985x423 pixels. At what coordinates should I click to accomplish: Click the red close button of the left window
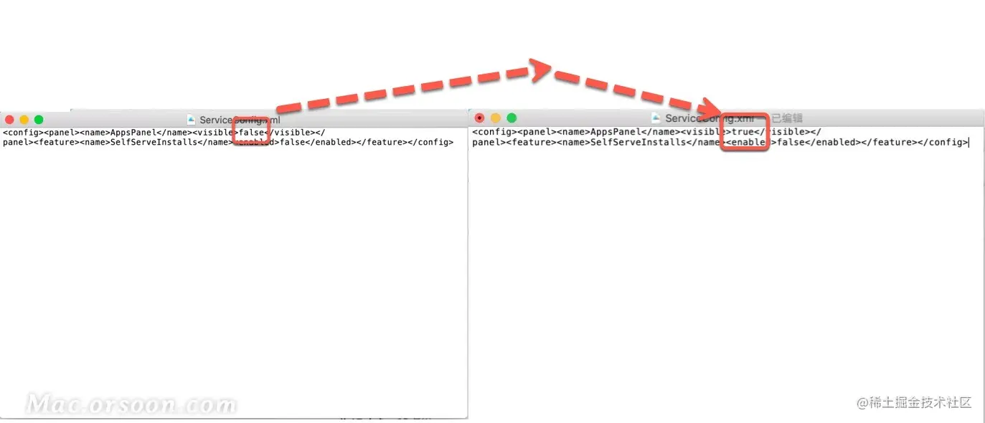pos(9,120)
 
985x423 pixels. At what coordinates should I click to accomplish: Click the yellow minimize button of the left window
pos(24,120)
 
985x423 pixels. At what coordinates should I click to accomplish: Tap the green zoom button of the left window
pos(39,120)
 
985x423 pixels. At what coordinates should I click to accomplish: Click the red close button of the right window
pos(479,118)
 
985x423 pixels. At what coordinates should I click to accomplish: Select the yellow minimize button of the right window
pos(495,118)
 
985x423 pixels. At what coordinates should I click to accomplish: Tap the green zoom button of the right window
pos(512,118)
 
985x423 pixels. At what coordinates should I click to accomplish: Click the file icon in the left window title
pos(191,120)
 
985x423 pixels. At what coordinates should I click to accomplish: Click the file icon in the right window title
pos(656,118)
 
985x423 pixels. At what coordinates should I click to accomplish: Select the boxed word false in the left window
pos(252,133)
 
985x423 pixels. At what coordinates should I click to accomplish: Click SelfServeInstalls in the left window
pos(153,142)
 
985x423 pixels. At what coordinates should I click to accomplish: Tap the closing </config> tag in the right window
pos(946,142)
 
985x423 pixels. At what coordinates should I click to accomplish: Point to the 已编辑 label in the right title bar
pos(786,118)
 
